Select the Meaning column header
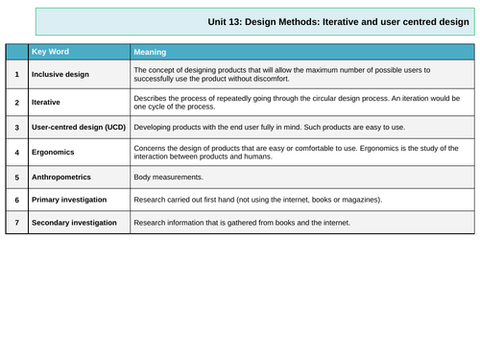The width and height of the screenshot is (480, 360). click(x=151, y=51)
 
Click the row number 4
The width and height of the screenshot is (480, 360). click(x=16, y=151)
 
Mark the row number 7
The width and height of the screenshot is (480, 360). click(x=16, y=223)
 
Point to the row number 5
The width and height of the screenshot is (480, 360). click(x=16, y=178)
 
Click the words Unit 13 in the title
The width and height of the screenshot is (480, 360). click(x=225, y=21)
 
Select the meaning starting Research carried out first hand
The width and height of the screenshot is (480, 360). click(x=257, y=200)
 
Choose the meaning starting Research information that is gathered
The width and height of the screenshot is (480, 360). click(x=242, y=223)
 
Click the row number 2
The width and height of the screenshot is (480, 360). click(x=16, y=100)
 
